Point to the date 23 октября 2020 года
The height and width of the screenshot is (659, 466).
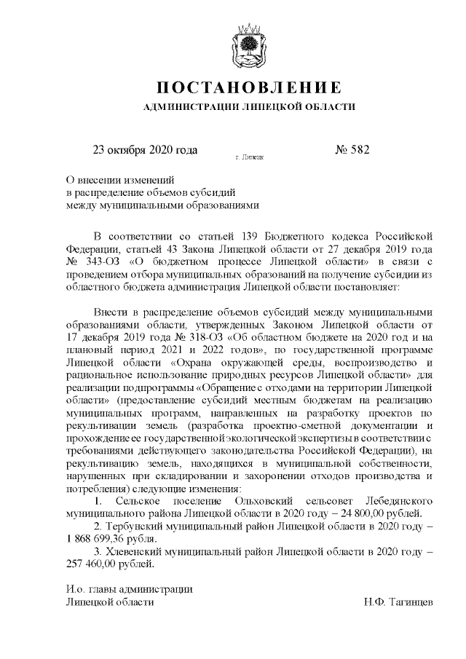coord(145,151)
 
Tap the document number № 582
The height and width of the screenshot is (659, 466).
coord(352,151)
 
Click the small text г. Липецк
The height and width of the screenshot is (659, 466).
coord(250,157)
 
